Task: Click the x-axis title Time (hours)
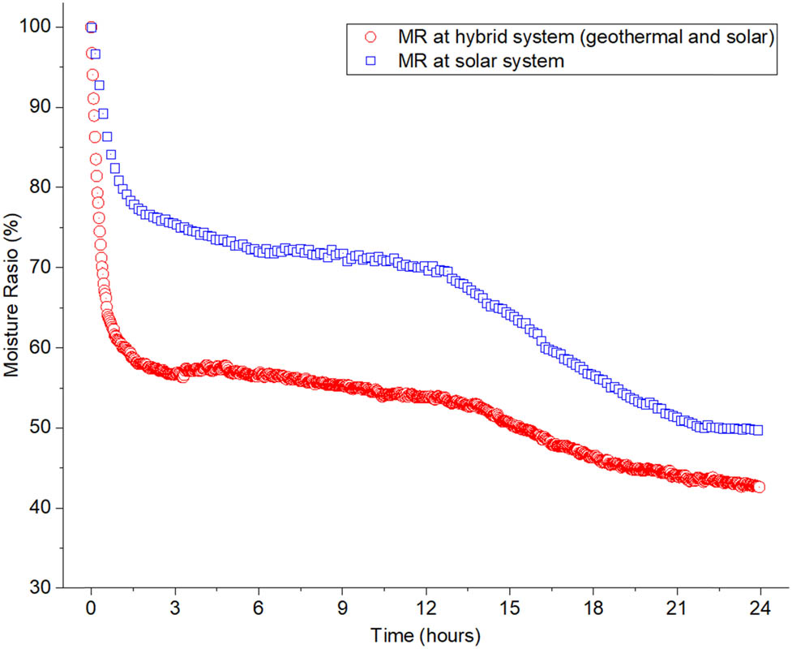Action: (x=426, y=634)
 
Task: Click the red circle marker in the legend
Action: (x=371, y=37)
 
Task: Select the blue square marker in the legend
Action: (x=371, y=61)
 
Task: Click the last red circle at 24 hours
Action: (x=759, y=487)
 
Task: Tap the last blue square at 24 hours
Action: (x=758, y=430)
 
